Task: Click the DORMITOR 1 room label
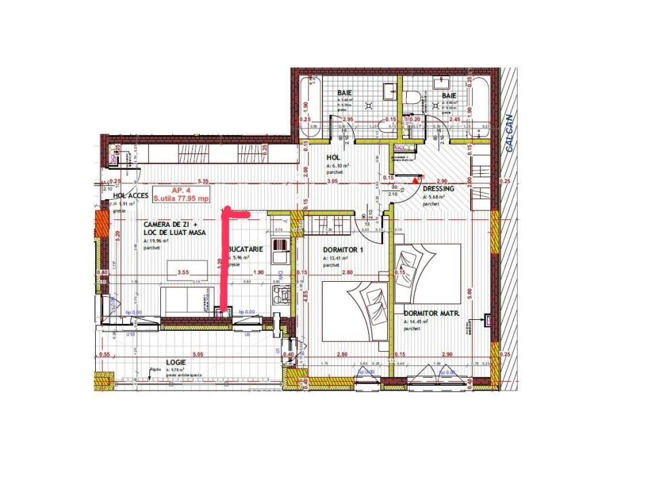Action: [344, 249]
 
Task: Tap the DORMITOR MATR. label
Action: [432, 314]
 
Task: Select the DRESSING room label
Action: [438, 189]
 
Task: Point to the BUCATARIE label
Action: [246, 249]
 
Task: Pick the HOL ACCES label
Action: [126, 195]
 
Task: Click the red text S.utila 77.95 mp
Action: [181, 199]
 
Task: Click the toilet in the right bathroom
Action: [410, 99]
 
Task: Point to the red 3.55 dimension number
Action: [182, 272]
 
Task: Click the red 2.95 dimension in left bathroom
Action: [348, 120]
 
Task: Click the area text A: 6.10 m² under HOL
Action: [338, 166]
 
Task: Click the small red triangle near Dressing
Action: [414, 181]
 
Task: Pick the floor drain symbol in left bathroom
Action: [369, 106]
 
